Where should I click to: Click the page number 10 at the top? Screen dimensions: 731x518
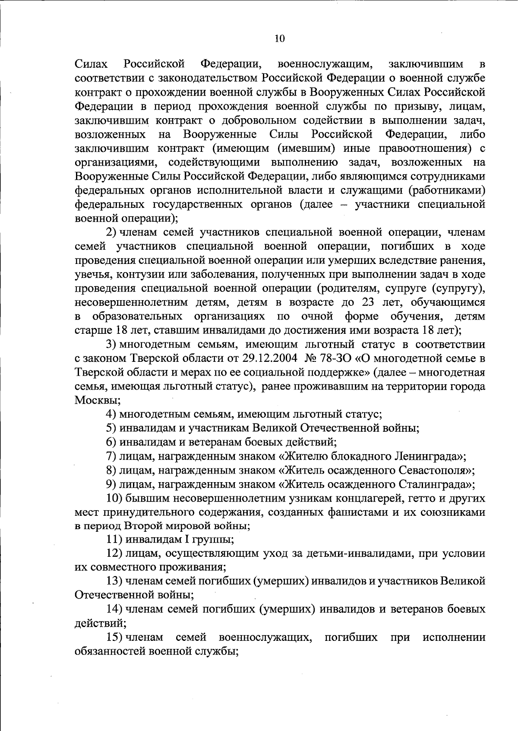279,38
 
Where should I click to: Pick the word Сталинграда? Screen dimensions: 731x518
436,484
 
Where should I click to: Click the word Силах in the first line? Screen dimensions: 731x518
92,65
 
